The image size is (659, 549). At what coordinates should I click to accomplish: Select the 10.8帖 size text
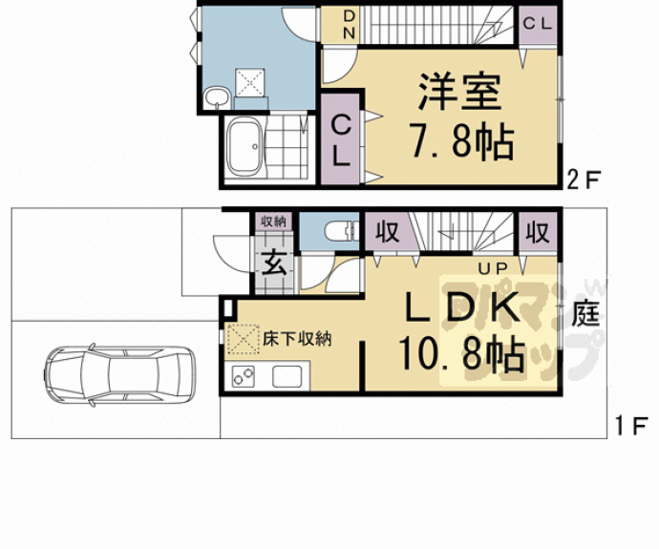[462, 356]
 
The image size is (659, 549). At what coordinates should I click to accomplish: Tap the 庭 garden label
[586, 314]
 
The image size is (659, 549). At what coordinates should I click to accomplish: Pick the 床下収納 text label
[297, 338]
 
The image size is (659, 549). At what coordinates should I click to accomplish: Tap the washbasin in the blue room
[216, 95]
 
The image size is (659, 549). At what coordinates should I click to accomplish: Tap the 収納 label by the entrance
[273, 222]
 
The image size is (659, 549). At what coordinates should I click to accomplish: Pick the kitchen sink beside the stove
[286, 375]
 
